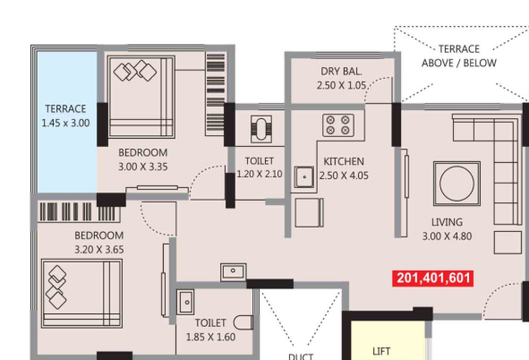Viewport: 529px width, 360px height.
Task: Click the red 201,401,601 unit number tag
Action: coord(433,279)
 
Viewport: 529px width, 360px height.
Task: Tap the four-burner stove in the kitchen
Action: coord(338,125)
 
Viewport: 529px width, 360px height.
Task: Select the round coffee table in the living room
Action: coord(457,184)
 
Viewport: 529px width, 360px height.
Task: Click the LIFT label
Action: coord(381,352)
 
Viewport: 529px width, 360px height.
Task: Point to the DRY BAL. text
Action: coord(341,72)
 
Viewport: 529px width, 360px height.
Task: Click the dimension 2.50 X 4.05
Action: coord(344,176)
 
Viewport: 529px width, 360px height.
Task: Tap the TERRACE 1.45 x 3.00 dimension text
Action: coord(65,124)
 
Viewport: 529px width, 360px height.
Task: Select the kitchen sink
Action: coord(304,176)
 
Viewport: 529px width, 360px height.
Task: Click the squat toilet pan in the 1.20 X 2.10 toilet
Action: coord(261,129)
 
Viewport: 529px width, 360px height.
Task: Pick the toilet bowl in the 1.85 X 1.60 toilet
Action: coord(243,322)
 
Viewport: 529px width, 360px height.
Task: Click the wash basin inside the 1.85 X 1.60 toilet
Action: coord(185,302)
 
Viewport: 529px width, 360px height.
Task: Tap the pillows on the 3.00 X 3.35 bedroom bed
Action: coord(135,71)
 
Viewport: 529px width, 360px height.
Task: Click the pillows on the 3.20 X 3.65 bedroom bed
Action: coord(56,287)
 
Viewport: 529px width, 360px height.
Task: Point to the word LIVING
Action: coord(447,222)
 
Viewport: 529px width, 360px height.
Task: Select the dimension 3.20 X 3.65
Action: coord(99,250)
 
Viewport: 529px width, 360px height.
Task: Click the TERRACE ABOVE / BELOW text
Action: coord(459,56)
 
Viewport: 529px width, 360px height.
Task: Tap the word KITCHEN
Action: coord(344,161)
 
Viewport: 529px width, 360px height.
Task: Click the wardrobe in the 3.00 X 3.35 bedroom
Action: coord(215,94)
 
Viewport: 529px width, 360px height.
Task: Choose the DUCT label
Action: coord(301,356)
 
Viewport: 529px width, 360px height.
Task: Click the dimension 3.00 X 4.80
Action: coord(447,236)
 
